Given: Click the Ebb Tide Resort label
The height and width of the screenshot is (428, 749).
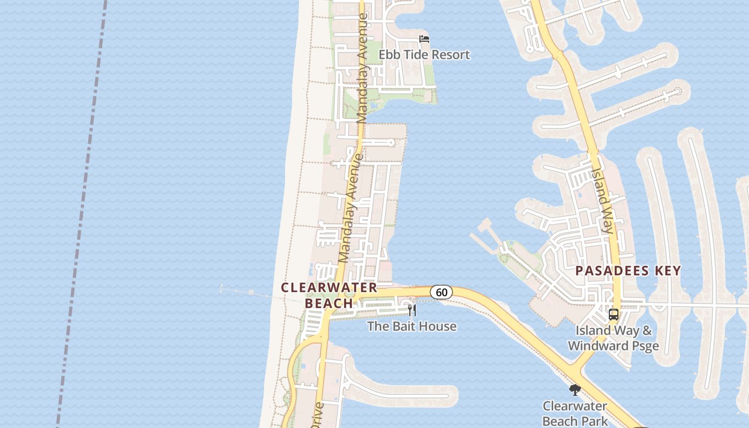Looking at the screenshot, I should [424, 55].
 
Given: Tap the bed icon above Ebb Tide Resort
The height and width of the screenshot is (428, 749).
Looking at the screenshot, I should [424, 39].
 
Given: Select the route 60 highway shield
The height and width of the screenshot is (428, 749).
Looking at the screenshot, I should [441, 292].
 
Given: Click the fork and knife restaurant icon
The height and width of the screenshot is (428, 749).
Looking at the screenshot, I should [412, 310].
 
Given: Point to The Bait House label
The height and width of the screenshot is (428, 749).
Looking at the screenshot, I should [412, 326].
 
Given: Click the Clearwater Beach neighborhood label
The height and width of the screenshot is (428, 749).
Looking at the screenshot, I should [329, 295].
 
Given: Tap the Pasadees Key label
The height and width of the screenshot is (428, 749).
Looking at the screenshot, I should [628, 271].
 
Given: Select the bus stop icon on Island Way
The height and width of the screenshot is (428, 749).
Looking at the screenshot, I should [614, 315].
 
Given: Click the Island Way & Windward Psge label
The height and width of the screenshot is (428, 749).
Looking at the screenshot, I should [613, 338].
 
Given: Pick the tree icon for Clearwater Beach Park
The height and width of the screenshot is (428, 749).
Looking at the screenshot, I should [575, 390].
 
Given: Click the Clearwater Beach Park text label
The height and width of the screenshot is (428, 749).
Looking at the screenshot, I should [575, 414].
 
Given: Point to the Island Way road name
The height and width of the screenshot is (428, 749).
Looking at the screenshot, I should [601, 201].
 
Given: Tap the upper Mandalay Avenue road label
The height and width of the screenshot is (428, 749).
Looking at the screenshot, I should [362, 68].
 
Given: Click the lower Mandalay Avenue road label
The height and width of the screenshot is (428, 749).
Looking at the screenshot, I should [351, 209].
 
